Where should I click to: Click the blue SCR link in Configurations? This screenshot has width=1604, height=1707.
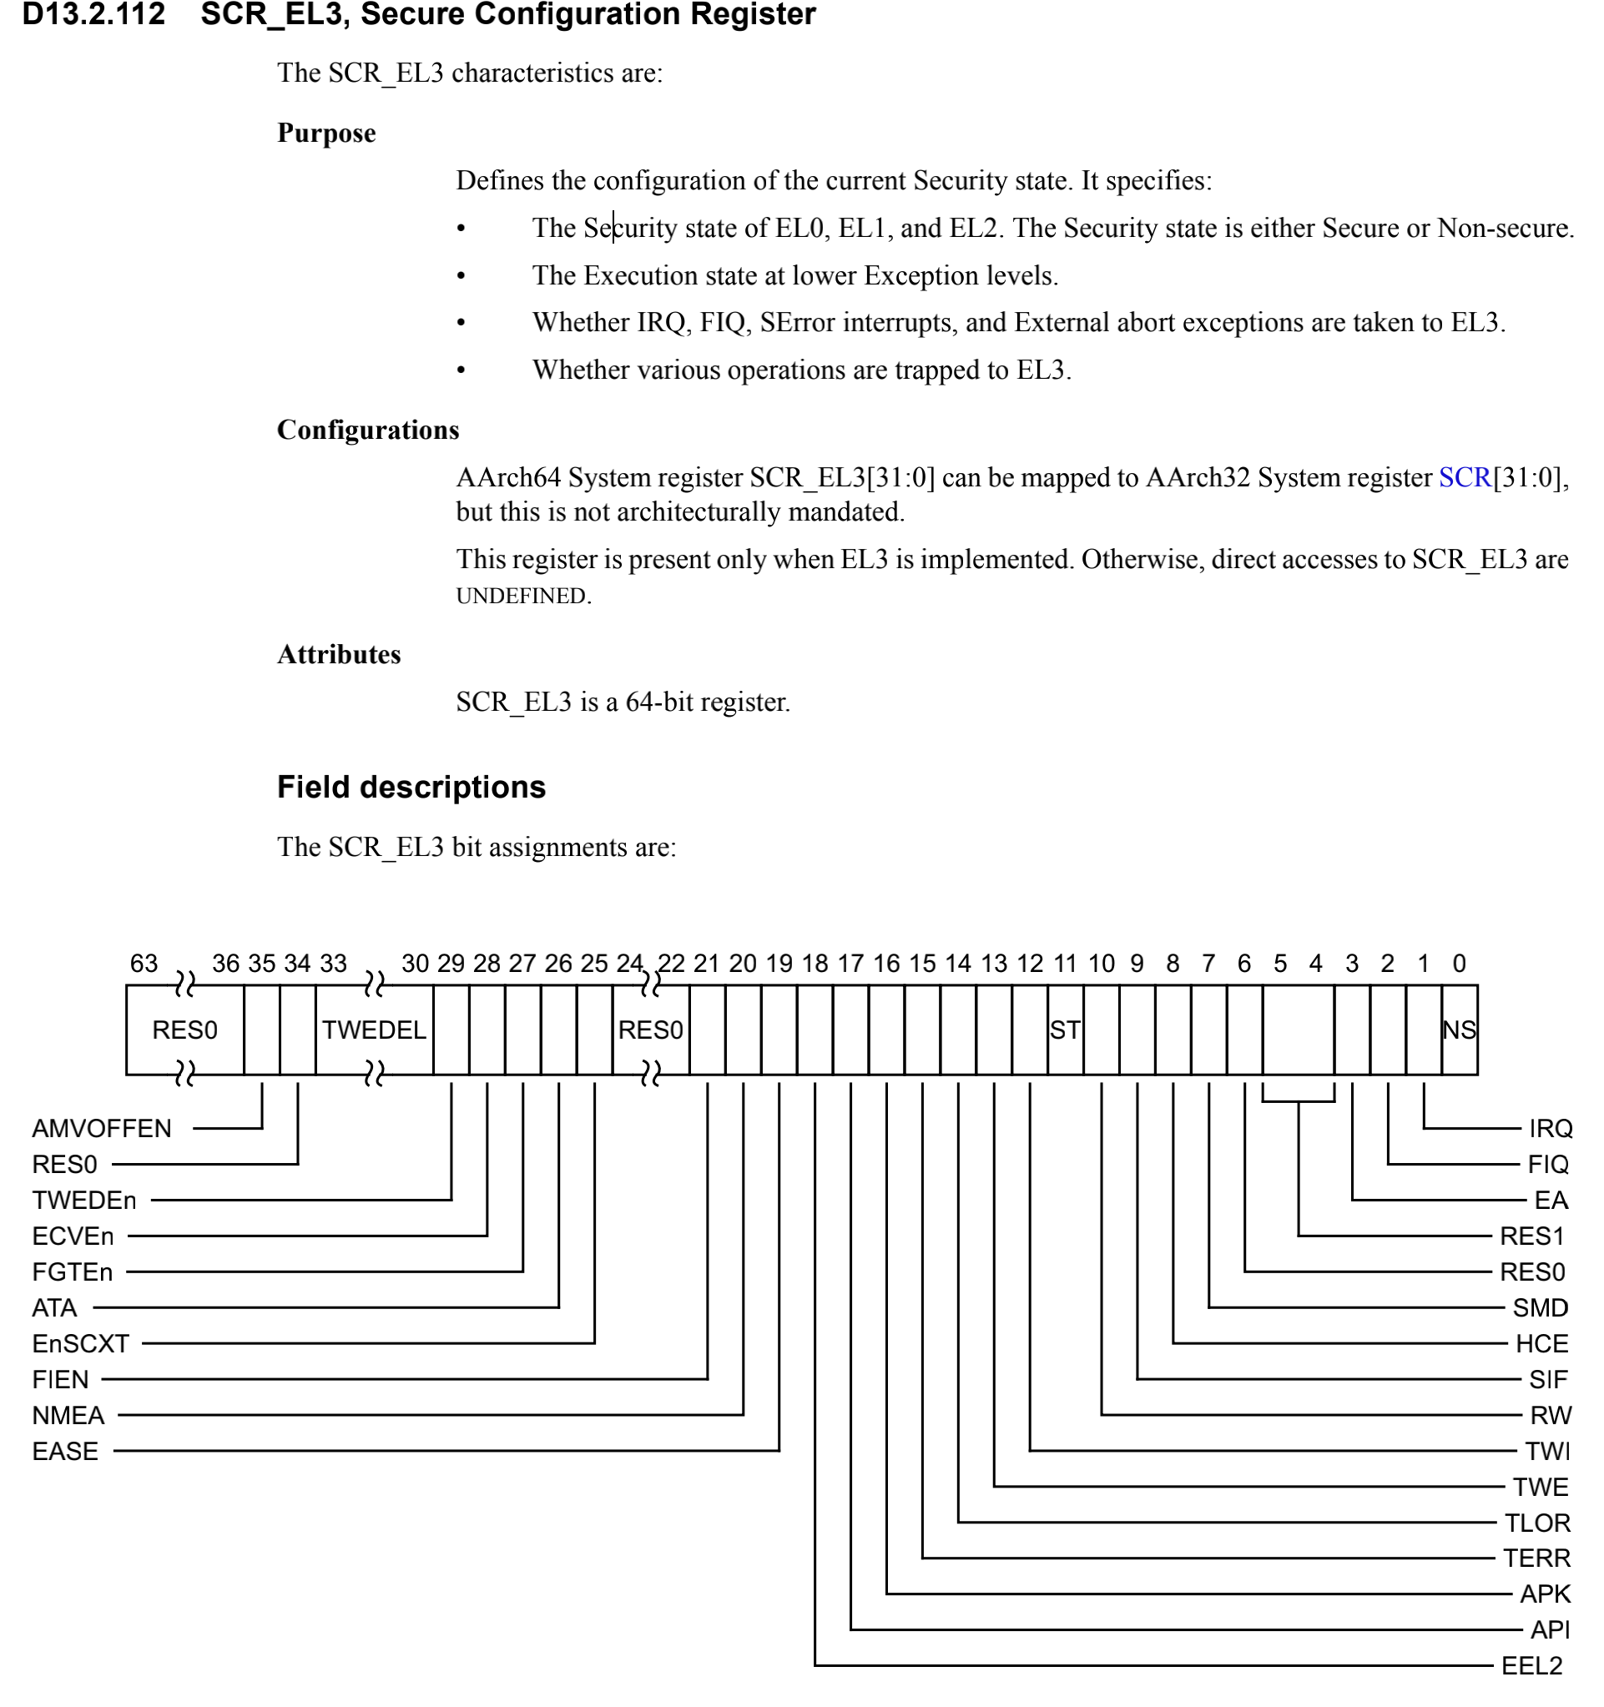(x=1464, y=477)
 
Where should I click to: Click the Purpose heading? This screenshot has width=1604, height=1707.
(x=326, y=133)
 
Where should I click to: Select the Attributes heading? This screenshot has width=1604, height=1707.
(x=338, y=654)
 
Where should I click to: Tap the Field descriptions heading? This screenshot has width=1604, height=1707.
(x=411, y=787)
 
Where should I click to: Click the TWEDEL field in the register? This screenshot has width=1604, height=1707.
(x=374, y=1030)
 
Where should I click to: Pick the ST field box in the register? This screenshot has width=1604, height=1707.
(x=1065, y=1030)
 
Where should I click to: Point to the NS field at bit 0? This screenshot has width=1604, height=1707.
(x=1459, y=1030)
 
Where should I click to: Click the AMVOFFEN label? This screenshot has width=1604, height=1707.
(x=101, y=1128)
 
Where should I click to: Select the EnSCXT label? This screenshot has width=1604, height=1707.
(x=81, y=1343)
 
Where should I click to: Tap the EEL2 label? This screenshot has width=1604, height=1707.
(x=1532, y=1666)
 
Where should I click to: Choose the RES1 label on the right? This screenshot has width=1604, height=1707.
(x=1532, y=1236)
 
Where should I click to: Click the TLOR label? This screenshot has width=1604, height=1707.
(x=1537, y=1523)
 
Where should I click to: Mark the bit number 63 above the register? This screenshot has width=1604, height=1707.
(x=144, y=964)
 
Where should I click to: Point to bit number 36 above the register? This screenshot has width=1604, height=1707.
(x=225, y=964)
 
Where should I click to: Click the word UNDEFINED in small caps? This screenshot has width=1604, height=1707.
(x=522, y=596)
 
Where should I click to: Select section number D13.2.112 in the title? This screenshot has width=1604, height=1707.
(x=93, y=14)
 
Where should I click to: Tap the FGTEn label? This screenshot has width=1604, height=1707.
(x=72, y=1271)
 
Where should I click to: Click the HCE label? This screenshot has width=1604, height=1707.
(x=1541, y=1343)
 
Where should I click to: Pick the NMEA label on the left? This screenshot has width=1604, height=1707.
(x=68, y=1415)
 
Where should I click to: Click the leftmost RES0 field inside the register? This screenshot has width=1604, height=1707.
(x=184, y=1030)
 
